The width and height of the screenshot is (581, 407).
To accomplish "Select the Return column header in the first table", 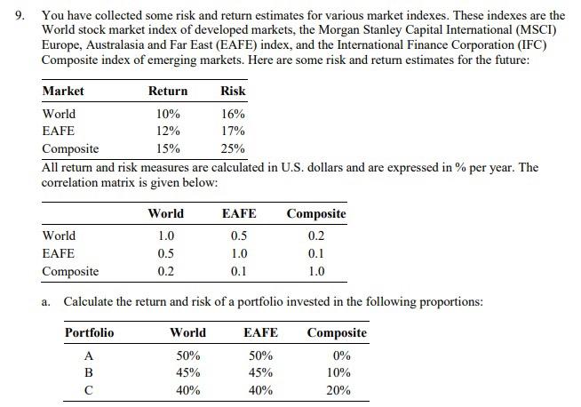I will coord(168,91).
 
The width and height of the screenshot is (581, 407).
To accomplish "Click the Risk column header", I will coord(234,91).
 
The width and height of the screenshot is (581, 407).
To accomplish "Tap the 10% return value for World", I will coord(168,114).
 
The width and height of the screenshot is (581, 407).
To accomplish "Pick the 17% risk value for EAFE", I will coord(234,131).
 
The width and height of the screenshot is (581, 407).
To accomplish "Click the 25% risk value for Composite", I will coord(234,148).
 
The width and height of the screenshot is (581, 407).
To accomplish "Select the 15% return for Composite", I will coord(168,148).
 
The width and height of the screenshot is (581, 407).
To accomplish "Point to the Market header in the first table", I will coord(63,91).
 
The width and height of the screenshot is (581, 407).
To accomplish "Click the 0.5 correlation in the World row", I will coord(238,235).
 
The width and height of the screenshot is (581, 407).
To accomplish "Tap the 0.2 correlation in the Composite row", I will coord(165,271).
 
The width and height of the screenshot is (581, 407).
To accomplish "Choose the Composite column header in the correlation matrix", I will coord(316,213).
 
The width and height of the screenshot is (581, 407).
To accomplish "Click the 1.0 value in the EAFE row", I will coord(238,253).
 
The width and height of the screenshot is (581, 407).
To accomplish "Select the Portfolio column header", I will coord(89,332).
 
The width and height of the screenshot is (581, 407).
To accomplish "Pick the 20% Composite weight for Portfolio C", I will coord(338,390).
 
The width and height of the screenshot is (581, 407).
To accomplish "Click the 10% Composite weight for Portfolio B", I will coord(338,372).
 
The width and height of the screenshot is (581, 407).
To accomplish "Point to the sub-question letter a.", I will coord(45,301).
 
